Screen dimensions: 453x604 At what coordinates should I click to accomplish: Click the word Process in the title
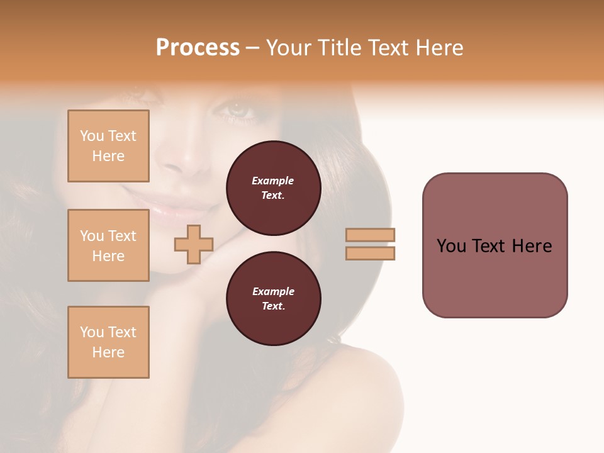(x=198, y=48)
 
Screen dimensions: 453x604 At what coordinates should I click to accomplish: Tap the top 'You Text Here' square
(x=108, y=146)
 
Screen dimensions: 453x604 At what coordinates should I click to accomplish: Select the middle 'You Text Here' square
(x=108, y=245)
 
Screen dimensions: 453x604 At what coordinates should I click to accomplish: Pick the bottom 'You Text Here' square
(x=108, y=342)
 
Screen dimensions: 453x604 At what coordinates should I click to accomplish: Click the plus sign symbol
(x=193, y=244)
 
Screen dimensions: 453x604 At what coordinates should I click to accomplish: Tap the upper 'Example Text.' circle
(x=273, y=188)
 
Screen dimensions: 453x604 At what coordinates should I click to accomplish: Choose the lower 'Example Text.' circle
(x=273, y=299)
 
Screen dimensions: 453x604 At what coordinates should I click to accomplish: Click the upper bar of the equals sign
(x=370, y=235)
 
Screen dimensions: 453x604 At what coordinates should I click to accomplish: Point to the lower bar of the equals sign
(x=370, y=253)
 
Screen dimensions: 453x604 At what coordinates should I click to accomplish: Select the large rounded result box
(x=495, y=245)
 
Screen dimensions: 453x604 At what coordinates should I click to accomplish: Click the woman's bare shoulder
(x=352, y=403)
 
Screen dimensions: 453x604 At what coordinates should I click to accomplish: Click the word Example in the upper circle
(x=273, y=181)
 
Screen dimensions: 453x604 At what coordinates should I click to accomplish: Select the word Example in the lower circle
(x=273, y=292)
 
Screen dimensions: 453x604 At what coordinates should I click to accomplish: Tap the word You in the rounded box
(x=451, y=246)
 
